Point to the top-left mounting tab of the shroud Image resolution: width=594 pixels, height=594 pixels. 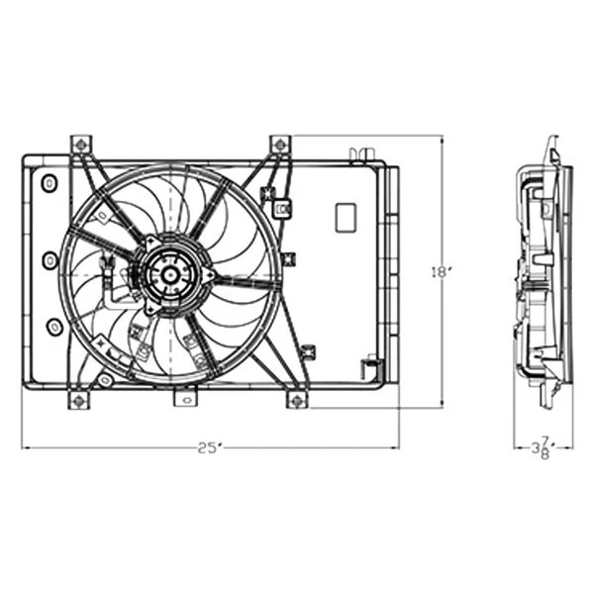(80, 146)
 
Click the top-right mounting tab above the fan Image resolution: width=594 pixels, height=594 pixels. (280, 146)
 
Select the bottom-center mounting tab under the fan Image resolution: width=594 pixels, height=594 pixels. (183, 398)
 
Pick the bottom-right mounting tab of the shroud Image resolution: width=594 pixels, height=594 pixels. (296, 399)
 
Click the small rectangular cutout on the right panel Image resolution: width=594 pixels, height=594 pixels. (346, 217)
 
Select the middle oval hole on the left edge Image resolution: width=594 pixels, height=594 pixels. (50, 260)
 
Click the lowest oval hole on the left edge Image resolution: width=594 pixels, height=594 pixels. (55, 326)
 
